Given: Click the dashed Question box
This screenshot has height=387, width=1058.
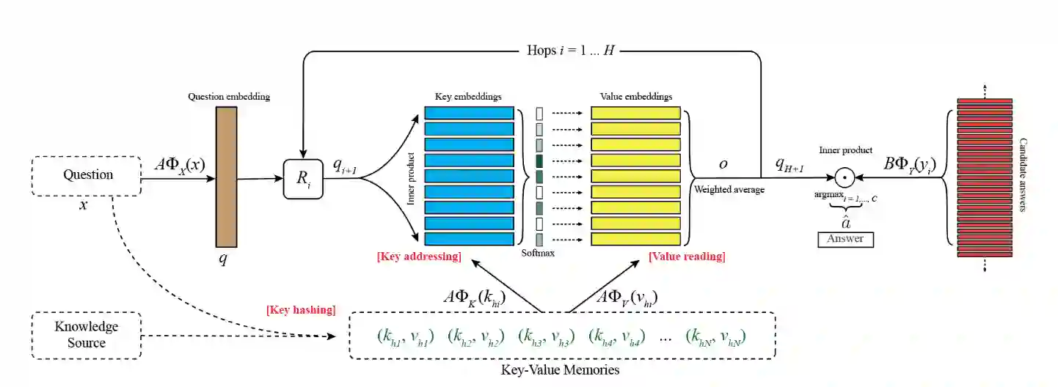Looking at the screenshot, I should click(87, 175).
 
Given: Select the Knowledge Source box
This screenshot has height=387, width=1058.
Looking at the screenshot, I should click(87, 334).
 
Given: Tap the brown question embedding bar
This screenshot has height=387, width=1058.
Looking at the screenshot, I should click(226, 177).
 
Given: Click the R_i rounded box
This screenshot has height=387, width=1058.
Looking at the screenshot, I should click(303, 177).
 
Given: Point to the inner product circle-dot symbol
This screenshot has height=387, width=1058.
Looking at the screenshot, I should click(844, 177).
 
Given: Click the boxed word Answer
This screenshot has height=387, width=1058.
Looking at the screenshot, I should click(845, 239).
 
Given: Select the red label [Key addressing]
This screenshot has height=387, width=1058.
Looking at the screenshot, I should click(419, 256).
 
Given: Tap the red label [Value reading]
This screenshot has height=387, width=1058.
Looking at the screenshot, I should click(687, 256).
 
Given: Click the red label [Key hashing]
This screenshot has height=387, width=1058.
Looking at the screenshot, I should click(301, 309).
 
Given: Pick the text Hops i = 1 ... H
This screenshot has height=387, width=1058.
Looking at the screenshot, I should click(574, 51).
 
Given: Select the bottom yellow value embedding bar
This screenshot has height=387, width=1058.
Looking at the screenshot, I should click(635, 238).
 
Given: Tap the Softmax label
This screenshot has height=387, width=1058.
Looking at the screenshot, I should click(538, 254).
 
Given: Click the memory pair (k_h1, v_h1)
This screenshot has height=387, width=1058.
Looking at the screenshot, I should click(405, 336).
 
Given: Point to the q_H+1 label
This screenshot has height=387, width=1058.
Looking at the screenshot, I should click(791, 166).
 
